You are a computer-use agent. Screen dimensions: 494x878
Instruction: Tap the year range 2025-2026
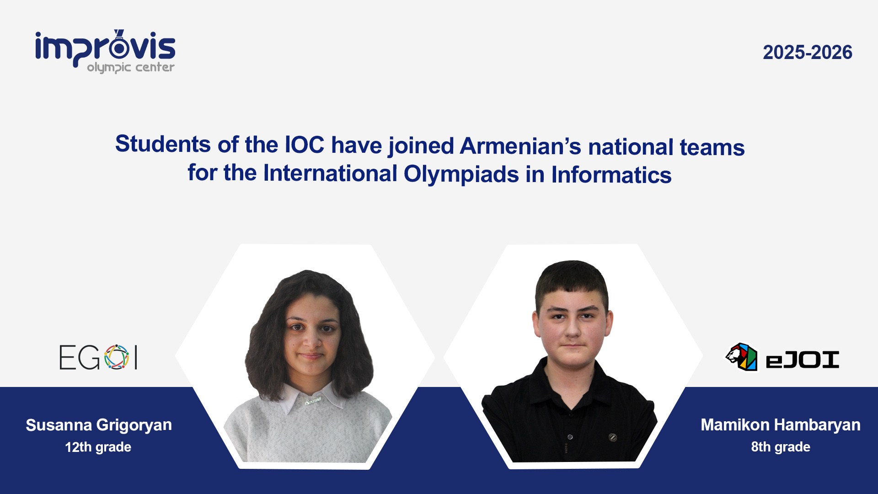(807, 53)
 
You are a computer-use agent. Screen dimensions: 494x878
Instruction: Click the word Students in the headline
(162, 144)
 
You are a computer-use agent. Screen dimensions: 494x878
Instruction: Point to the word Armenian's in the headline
(520, 146)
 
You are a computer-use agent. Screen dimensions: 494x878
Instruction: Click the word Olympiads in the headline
(461, 174)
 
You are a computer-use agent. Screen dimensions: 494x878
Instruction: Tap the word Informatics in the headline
(611, 175)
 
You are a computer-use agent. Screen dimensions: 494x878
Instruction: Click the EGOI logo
(98, 357)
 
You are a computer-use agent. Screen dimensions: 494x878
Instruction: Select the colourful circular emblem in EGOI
(117, 357)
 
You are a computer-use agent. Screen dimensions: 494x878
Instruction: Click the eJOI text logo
(802, 360)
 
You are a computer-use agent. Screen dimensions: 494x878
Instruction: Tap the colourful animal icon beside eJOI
(741, 357)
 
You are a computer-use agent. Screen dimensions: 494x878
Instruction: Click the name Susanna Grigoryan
(99, 425)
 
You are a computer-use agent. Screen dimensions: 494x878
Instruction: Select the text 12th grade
(98, 447)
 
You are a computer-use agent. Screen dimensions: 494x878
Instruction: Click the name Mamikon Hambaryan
(780, 425)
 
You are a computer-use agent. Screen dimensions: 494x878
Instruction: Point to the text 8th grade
(780, 447)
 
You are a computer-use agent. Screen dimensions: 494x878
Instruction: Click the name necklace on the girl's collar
(313, 401)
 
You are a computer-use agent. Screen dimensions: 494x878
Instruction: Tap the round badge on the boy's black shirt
(613, 437)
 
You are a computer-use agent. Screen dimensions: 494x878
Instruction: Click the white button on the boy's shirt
(570, 437)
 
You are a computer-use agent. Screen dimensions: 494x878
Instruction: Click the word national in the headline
(631, 147)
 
